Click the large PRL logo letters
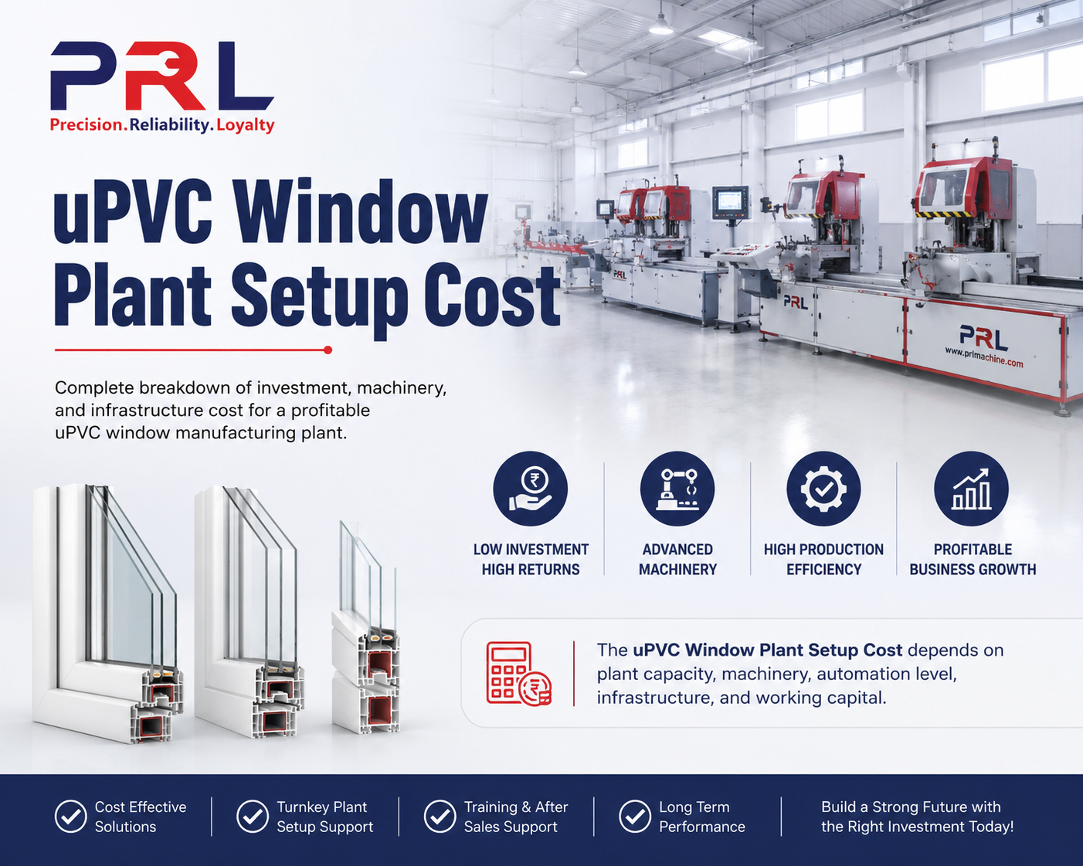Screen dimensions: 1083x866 coord(162,76)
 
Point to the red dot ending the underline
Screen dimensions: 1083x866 coord(328,350)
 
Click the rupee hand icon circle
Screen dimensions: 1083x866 coord(531,489)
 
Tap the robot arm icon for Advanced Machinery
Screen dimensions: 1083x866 coord(677,489)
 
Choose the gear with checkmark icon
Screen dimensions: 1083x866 coord(823,489)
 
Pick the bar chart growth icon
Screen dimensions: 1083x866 coord(971,489)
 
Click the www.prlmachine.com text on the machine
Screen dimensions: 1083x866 coord(984,357)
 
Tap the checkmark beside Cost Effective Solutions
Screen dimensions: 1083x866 coord(70,816)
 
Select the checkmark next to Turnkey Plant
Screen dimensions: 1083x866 coord(253,816)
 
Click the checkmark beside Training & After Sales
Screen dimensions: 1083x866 coord(440,816)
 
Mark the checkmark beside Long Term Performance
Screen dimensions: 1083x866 coord(635,816)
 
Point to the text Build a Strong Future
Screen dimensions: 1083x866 coord(895,807)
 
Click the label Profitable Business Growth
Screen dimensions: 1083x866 coord(973,560)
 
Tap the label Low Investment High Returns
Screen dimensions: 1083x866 coord(531,560)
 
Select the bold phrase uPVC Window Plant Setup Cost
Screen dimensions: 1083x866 coord(768,650)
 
